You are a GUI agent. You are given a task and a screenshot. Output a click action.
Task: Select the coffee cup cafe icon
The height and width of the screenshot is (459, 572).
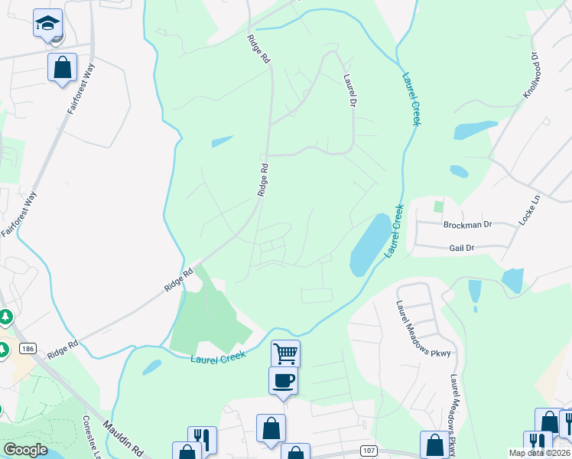tap(282, 380)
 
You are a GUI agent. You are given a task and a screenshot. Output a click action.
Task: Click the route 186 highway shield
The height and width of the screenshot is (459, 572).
tap(28, 349)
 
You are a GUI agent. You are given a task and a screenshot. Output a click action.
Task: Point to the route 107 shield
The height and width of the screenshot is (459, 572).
tap(369, 451)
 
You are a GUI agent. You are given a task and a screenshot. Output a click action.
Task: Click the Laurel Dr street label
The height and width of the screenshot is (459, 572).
tap(351, 90)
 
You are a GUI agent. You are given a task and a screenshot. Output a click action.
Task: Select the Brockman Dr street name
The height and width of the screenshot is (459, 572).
tap(466, 225)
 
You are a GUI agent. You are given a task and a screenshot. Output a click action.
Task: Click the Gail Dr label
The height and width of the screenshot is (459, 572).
tap(462, 248)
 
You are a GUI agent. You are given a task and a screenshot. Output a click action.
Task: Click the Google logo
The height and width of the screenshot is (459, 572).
tap(25, 449)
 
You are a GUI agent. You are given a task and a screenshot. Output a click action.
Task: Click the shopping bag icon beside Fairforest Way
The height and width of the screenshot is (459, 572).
tap(62, 67)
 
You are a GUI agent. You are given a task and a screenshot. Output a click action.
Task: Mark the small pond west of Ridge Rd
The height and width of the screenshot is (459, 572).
tap(222, 142)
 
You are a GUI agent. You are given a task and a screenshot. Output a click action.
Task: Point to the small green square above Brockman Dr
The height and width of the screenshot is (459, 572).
tap(438, 206)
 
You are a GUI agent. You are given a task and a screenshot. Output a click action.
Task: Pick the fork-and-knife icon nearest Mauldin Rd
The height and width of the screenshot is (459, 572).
tap(202, 440)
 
